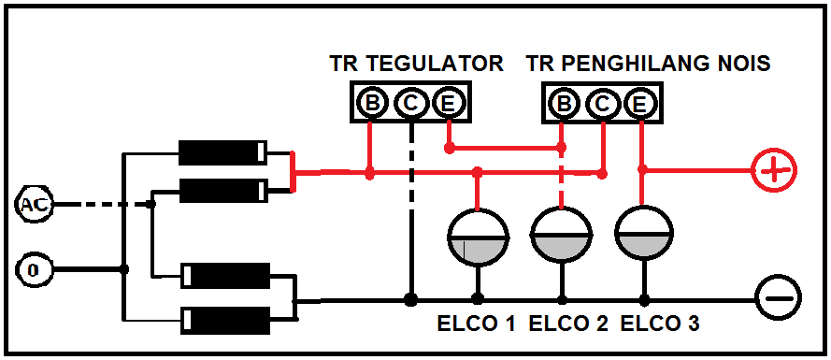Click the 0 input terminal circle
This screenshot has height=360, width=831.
click(x=33, y=270)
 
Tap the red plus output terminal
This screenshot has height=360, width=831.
click(x=776, y=170)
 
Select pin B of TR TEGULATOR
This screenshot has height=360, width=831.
click(x=371, y=103)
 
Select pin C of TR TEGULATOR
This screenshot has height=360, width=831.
click(x=410, y=103)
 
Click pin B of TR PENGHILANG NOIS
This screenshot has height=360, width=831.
click(x=564, y=103)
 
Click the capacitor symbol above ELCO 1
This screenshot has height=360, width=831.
click(x=478, y=237)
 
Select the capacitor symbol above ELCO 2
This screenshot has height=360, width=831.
click(x=561, y=237)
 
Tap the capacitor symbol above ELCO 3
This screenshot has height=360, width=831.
click(x=643, y=237)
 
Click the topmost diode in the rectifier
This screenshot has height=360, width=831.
click(x=222, y=151)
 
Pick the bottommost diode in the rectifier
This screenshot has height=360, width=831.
click(x=226, y=318)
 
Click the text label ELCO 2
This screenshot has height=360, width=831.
click(x=567, y=324)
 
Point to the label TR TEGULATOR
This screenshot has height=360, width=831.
click(x=417, y=64)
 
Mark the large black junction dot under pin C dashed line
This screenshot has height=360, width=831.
click(x=409, y=300)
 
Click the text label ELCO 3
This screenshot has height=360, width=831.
click(x=659, y=324)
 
